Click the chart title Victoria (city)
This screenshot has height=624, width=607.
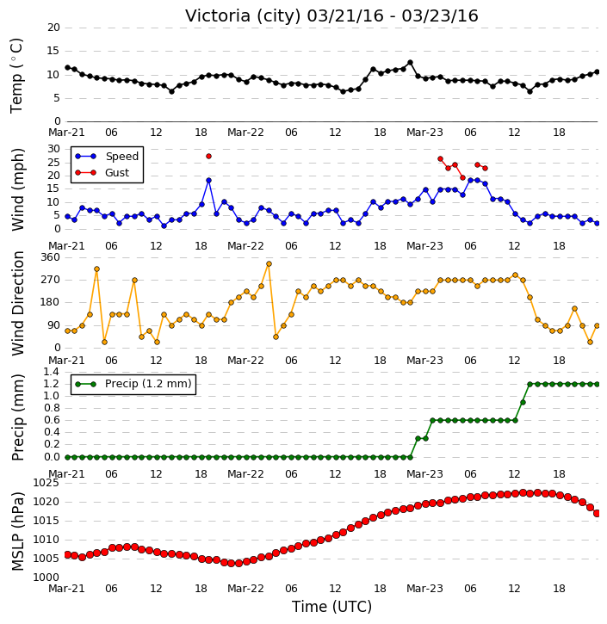(x=244, y=16)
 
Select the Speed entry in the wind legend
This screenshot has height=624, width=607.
(x=121, y=156)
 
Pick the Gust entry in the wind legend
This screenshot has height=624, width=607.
(x=117, y=173)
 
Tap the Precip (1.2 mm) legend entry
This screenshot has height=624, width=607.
(x=148, y=384)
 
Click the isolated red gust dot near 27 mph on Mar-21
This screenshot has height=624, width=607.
(x=208, y=157)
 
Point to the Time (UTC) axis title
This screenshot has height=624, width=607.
(x=331, y=607)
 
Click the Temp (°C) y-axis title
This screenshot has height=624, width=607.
(x=16, y=76)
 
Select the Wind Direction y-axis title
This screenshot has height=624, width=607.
(x=18, y=303)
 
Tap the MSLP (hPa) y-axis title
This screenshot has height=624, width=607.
(x=18, y=531)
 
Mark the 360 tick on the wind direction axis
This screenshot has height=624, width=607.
(x=51, y=257)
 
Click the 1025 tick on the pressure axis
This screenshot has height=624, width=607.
(x=46, y=483)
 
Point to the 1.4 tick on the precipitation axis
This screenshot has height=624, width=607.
(x=52, y=372)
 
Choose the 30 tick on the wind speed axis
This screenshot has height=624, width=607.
(x=53, y=149)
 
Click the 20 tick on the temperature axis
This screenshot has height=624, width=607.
(x=53, y=28)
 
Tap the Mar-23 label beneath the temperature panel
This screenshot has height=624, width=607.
(x=424, y=133)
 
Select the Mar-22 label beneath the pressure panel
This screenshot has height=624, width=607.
(x=245, y=588)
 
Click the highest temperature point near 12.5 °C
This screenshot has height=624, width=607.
(x=410, y=63)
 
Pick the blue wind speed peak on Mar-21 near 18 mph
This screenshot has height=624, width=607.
(x=208, y=180)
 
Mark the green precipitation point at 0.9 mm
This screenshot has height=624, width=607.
(x=523, y=402)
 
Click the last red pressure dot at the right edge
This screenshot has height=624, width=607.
(x=597, y=513)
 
